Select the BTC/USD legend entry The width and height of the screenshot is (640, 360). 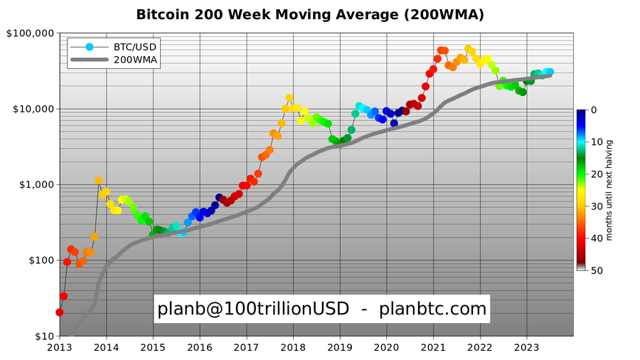pyautogui.click(x=135, y=47)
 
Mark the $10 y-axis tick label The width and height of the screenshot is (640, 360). pyautogui.click(x=41, y=336)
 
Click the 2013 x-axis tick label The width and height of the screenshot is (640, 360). pyautogui.click(x=60, y=347)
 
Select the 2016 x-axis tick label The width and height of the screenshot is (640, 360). pyautogui.click(x=200, y=347)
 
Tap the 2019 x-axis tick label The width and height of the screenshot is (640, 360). pyautogui.click(x=340, y=347)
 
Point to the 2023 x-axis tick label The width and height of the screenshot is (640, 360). pyautogui.click(x=527, y=347)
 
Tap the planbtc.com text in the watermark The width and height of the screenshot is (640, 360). pyautogui.click(x=433, y=309)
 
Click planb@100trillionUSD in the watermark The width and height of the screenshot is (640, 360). pyautogui.click(x=253, y=309)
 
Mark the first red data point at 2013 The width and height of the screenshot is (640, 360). pyautogui.click(x=59, y=312)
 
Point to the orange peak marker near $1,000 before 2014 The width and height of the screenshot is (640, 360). pyautogui.click(x=98, y=181)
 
